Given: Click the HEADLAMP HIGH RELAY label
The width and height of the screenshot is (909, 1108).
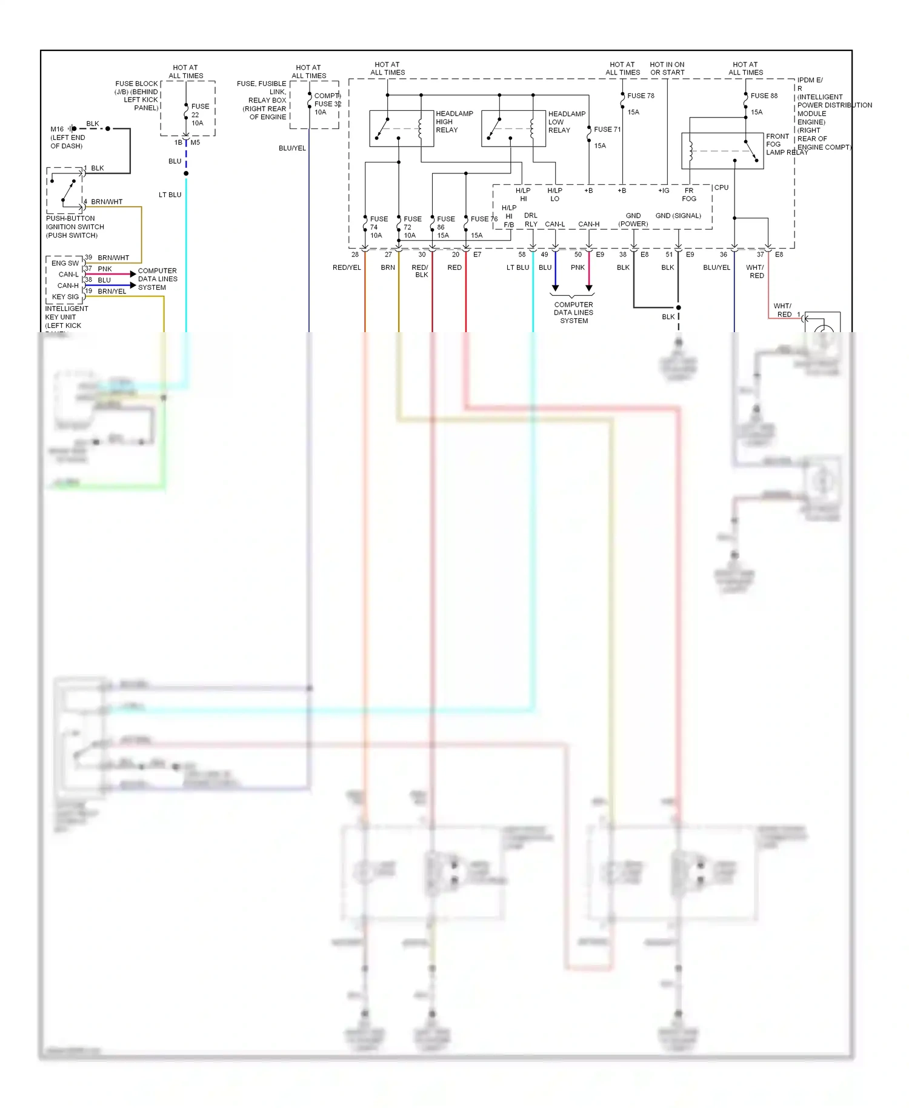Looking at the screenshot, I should point(454,122).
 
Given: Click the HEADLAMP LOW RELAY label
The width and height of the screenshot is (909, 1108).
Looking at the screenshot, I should point(566,122).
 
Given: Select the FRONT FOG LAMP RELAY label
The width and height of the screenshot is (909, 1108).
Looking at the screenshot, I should point(786,144).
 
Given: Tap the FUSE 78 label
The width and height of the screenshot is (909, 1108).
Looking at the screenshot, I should point(641,96).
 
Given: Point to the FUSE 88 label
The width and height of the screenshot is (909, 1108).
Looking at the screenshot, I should point(764,96).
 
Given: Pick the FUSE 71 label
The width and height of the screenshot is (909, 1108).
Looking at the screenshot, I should point(607,130).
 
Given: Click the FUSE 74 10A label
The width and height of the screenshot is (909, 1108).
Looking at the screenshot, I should point(378,227).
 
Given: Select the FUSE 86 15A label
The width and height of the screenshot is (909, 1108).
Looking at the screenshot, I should point(445,227).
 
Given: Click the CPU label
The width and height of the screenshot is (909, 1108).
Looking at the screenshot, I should point(721,188).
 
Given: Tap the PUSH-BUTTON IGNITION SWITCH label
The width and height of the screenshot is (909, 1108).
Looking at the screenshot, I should point(75,227).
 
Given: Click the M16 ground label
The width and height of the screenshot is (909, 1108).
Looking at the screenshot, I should point(57,129).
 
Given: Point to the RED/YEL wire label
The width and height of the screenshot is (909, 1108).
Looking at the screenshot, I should point(347,267).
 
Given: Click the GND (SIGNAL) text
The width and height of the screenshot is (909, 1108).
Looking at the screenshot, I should point(678,216).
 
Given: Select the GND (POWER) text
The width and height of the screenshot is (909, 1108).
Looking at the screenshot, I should point(633,220).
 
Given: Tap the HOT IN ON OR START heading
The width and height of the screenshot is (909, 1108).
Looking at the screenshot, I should point(667,68).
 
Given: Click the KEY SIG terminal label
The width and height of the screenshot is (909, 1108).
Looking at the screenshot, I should point(65,297).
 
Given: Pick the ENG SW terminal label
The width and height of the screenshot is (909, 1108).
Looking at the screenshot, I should point(65,263).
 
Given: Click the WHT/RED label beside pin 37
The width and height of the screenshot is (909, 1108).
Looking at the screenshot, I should point(755,272).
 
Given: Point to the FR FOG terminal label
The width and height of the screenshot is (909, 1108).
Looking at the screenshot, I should point(689,195).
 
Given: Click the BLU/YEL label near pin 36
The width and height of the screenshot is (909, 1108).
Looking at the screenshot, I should point(716,267).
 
